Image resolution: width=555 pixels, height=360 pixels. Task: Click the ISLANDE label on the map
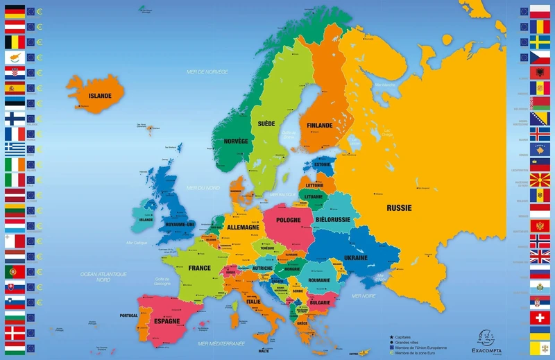(x=100, y=96)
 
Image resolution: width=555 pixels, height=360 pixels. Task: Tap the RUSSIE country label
(x=399, y=207)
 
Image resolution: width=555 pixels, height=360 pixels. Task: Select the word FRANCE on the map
(x=199, y=268)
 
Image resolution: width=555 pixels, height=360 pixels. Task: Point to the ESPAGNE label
(x=167, y=321)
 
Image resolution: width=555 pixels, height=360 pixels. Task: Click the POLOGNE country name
(x=289, y=220)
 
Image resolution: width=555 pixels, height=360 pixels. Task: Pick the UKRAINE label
(x=355, y=258)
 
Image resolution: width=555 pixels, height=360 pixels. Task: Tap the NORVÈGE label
(x=236, y=141)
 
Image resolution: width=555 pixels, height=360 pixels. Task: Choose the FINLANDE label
(x=316, y=126)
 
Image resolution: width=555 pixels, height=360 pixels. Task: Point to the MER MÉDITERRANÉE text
(x=221, y=343)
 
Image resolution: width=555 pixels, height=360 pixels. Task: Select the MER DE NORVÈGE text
(x=203, y=71)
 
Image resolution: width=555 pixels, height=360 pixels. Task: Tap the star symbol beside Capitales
(x=391, y=336)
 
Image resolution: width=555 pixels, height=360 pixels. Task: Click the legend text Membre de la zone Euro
(x=420, y=353)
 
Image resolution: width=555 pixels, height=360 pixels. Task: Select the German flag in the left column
(x=15, y=11)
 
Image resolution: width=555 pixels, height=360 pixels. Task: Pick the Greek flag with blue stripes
(x=15, y=148)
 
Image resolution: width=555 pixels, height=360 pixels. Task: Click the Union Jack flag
(x=540, y=256)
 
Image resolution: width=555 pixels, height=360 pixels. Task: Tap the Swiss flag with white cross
(x=540, y=317)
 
